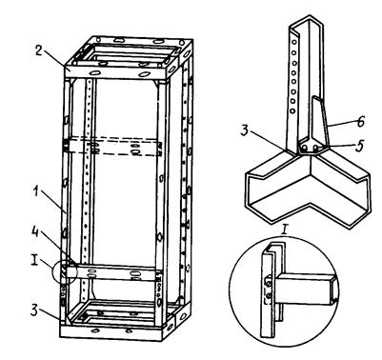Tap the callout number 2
click(x=39, y=50)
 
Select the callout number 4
click(x=35, y=232)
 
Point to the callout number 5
click(x=359, y=146)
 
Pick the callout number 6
click(x=360, y=122)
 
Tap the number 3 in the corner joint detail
click(x=245, y=130)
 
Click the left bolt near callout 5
click(x=305, y=149)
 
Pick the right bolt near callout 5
click(x=316, y=148)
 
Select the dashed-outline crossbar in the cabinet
click(x=113, y=147)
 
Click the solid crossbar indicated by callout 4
click(x=114, y=272)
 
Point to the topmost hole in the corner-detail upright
click(x=294, y=42)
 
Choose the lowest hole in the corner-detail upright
click(x=292, y=111)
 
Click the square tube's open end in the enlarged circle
click(x=334, y=290)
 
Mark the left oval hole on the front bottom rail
click(x=95, y=330)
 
